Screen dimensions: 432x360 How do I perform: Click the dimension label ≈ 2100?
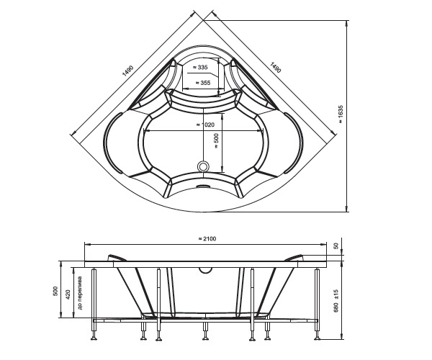(207, 238)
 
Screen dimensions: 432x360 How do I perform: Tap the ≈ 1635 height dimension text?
(341, 114)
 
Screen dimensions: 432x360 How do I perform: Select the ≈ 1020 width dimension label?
(205, 125)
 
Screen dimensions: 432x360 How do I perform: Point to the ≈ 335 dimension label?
(200, 67)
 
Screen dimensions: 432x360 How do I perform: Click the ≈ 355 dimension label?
(202, 83)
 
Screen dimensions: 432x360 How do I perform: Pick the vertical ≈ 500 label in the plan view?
(217, 141)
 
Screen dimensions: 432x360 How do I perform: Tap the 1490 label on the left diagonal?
(128, 71)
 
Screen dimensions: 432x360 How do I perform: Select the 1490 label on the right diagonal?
(276, 68)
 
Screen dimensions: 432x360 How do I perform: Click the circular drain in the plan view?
(204, 166)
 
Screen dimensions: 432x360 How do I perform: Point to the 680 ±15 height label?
(336, 301)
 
